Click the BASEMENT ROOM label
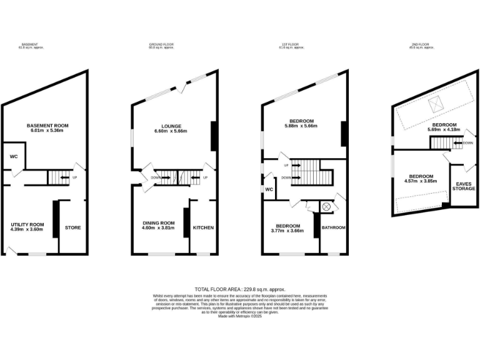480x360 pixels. coord(47,126)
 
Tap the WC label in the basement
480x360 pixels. coord(13,156)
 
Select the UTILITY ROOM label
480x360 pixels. coord(27,224)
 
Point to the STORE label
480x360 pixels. coord(73,227)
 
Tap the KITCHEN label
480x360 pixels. coord(203,227)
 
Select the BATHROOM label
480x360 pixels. coord(333,227)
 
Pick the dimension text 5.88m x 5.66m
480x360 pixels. coord(301,126)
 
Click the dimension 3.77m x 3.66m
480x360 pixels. coord(287,231)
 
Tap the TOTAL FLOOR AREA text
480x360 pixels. coord(239,289)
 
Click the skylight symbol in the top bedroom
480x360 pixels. coord(437,106)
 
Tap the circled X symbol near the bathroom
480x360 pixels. coord(326,207)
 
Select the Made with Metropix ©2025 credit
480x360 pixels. coord(239,317)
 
